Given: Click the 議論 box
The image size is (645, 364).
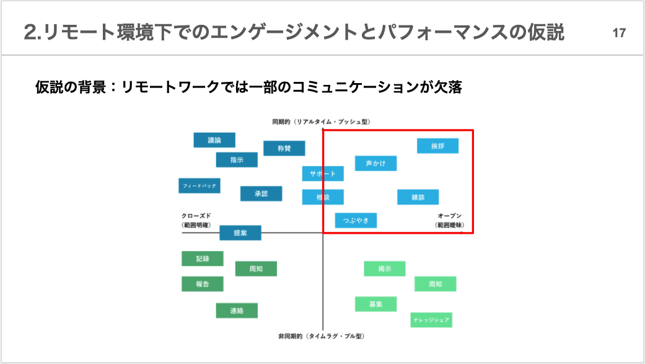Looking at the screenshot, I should pos(214,140).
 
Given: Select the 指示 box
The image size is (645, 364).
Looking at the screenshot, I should pos(237,160).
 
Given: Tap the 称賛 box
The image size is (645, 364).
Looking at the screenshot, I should pos(284,149).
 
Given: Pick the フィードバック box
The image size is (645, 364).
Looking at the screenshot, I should pos(200,185).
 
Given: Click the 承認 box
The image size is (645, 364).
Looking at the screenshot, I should pos(261,194).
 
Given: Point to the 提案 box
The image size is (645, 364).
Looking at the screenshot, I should pos(240,233).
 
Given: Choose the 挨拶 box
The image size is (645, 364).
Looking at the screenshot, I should pos(438,146).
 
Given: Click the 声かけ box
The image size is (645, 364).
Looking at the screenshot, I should pos(375,163).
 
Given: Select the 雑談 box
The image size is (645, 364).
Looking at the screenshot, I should pos(418,197).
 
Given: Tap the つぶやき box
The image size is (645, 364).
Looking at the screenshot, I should pos(356,220).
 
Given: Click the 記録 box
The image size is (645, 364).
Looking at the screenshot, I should pos(203,259).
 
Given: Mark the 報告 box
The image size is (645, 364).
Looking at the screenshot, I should pos(203,284).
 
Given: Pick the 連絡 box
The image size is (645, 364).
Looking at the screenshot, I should pos(237,311).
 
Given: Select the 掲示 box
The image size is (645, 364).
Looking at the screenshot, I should pos(385,269).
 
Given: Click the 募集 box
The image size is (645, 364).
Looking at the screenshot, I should pos(375,304).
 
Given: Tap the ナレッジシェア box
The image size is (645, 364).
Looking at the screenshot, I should pos(431,320).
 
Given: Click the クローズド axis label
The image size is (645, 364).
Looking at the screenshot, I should pos(196,216).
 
